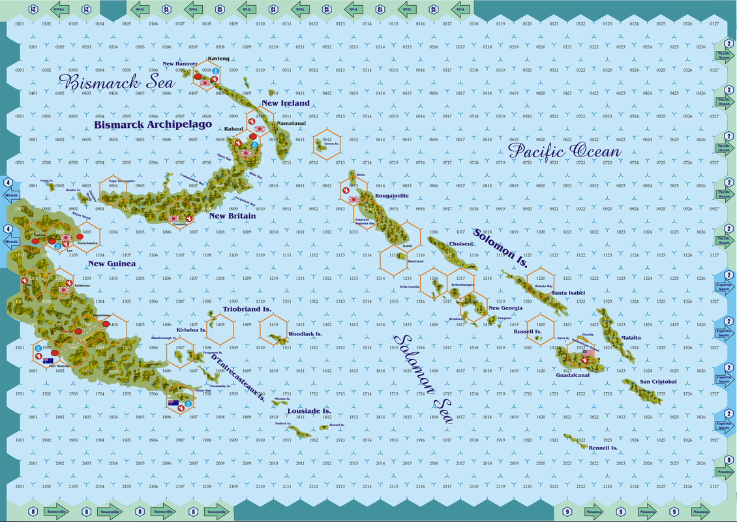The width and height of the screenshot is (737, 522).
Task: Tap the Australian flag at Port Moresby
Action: [48, 361]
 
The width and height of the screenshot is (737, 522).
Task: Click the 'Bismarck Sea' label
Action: [117, 84]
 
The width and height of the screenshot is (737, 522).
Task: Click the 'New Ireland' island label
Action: [286, 104]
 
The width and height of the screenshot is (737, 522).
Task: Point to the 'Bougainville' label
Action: [392, 195]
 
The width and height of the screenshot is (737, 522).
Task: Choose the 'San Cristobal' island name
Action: [658, 382]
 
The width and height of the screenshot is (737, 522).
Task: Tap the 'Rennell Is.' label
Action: [603, 448]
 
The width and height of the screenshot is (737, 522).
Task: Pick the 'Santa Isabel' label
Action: [567, 294]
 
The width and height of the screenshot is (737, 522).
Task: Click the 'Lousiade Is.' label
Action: [309, 411]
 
